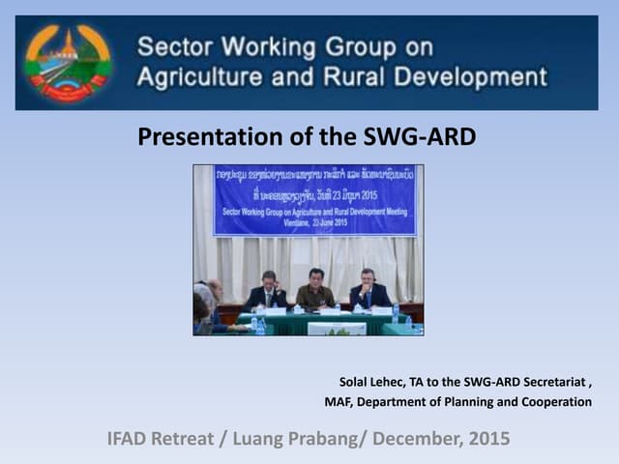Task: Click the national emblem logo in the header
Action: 68,62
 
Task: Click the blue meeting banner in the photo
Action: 314,200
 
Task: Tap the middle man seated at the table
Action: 315,289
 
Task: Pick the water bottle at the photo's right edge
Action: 396,312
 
